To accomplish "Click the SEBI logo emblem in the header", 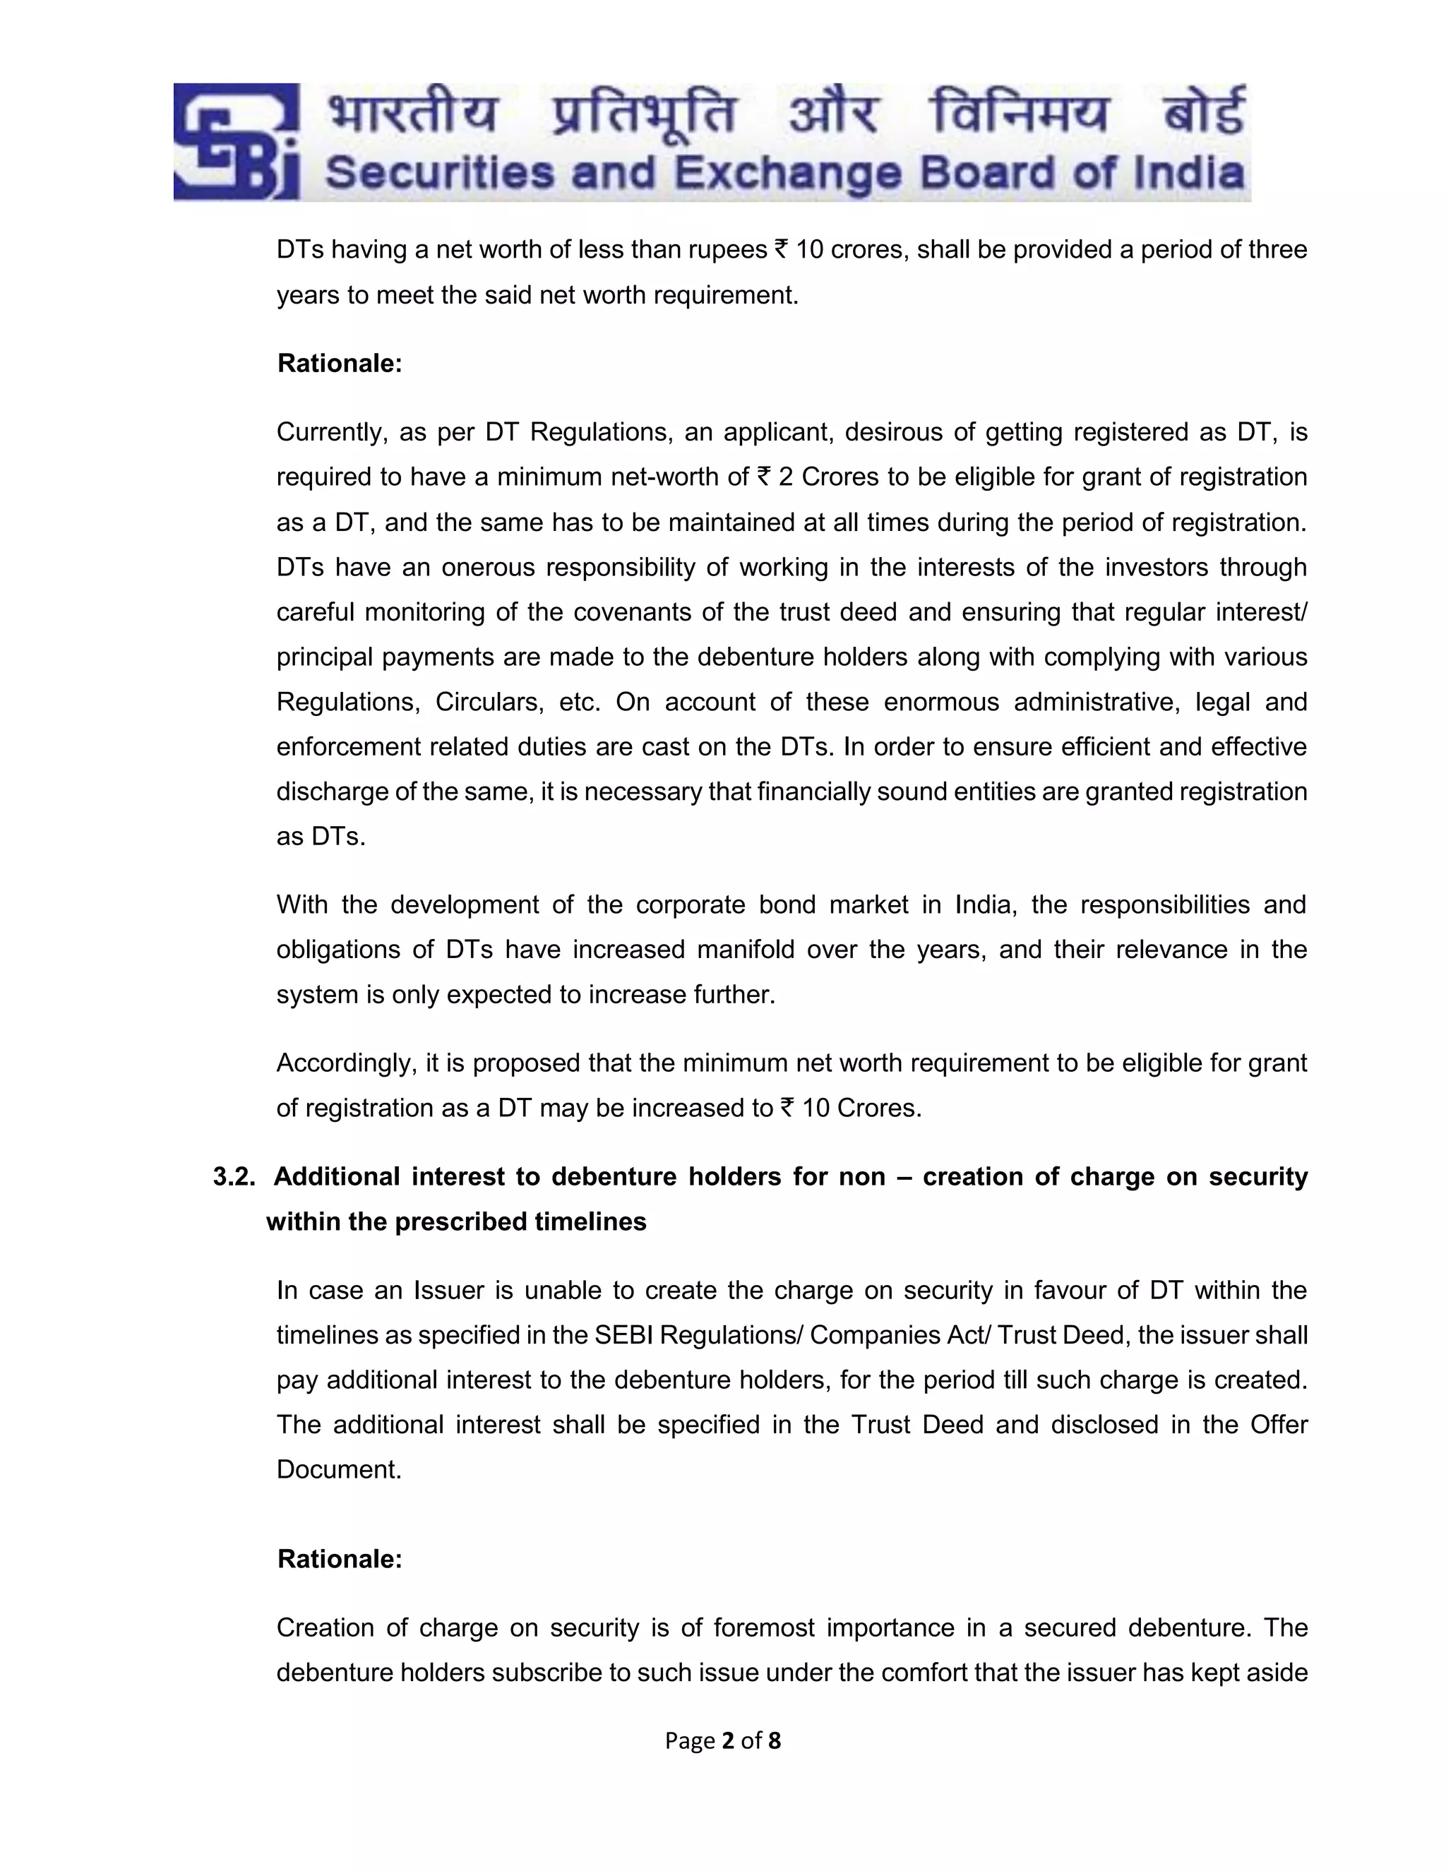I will click(237, 142).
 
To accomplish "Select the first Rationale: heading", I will click(339, 363).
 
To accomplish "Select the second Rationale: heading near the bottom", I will click(339, 1559).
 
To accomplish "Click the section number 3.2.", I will click(234, 1176).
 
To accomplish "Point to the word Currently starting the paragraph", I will click(326, 432).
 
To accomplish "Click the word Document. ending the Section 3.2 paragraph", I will click(338, 1470).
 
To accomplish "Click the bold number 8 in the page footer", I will click(775, 1741).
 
